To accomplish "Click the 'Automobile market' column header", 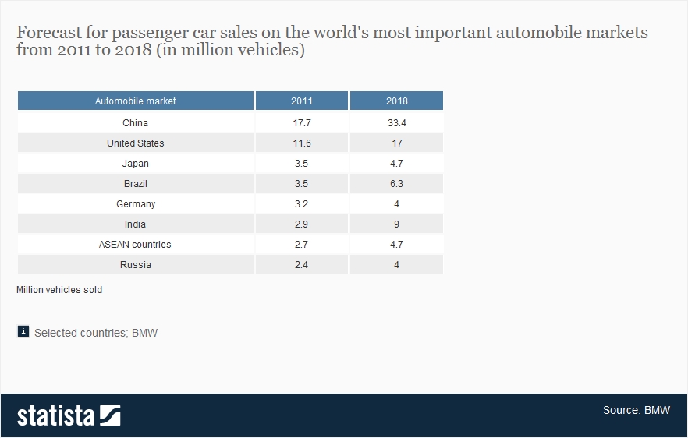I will (x=135, y=101).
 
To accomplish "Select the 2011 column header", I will (x=301, y=101).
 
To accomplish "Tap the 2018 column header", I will (x=396, y=101).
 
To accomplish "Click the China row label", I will (x=135, y=122).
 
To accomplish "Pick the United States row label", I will (x=135, y=143).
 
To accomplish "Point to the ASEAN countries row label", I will (x=135, y=244).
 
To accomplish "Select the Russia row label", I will (x=135, y=264).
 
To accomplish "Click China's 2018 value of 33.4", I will (x=396, y=122).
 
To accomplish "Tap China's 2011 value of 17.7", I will (x=301, y=122).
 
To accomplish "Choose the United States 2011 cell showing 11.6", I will (x=301, y=143).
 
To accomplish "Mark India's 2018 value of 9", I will (x=396, y=224).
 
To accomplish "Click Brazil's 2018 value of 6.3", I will (x=396, y=183).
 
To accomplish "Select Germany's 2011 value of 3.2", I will (x=301, y=203).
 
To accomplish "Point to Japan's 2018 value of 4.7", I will (x=396, y=163).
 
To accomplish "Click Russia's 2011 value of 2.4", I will (x=301, y=264).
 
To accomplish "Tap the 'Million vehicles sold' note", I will (x=59, y=289).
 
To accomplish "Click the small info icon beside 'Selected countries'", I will (x=23, y=332).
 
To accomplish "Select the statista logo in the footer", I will (x=69, y=415).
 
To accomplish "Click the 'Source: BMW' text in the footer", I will (x=635, y=410).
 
